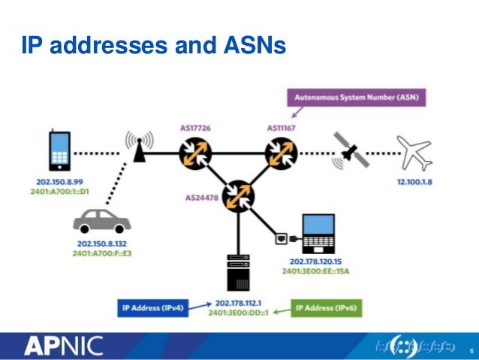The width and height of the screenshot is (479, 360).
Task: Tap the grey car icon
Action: [101, 221]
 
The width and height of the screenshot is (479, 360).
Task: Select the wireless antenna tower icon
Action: [138, 148]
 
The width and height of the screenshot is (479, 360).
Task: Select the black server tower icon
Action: [239, 273]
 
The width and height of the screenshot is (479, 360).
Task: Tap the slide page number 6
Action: [471, 351]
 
